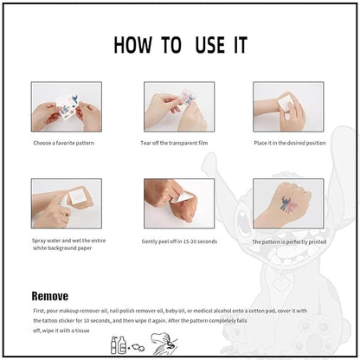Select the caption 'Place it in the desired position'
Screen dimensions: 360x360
point(289,142)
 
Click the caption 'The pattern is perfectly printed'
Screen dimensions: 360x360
point(290,242)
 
